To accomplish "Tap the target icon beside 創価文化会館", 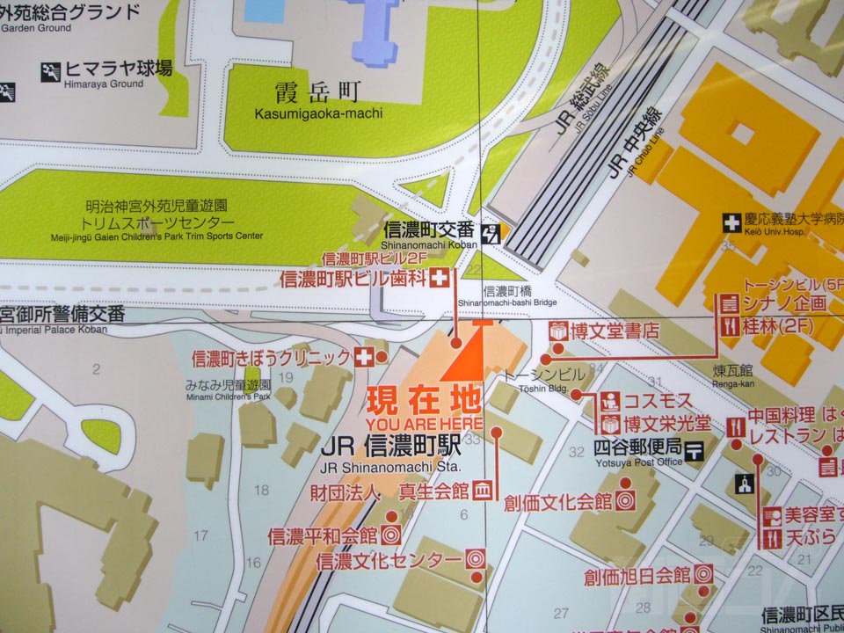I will point(625,502).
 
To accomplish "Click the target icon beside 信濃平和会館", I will point(391,534).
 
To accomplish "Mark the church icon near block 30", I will point(744,483).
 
